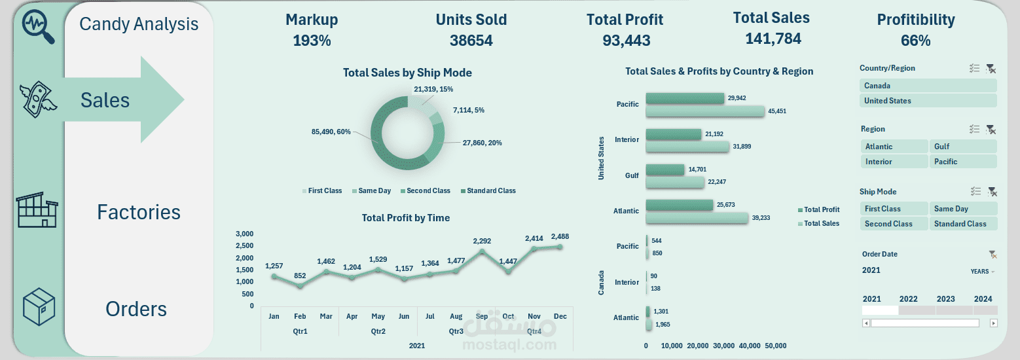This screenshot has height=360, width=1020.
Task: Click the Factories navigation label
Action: point(139,212)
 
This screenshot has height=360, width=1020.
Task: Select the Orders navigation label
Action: point(136,309)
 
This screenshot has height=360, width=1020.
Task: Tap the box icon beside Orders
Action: point(39,306)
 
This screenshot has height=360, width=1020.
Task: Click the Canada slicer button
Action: point(927,86)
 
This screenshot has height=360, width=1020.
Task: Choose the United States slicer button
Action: point(927,101)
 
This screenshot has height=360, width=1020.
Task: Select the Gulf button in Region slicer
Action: point(962,147)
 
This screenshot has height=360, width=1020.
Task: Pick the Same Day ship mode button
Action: point(962,209)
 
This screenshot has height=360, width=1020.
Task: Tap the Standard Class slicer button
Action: point(962,224)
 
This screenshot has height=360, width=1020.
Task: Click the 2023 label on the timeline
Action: point(945,299)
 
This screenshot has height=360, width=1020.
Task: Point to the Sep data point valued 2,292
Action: point(482,251)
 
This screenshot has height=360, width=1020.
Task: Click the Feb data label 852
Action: point(300,276)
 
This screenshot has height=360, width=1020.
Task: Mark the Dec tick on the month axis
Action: point(560,316)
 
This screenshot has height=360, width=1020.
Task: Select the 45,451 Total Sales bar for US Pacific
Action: point(705,111)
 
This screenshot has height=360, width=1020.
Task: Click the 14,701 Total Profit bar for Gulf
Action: point(665,170)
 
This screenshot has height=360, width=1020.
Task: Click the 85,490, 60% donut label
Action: point(332,132)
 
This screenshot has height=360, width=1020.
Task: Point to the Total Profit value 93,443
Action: point(626,41)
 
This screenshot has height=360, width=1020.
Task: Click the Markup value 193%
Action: point(312,41)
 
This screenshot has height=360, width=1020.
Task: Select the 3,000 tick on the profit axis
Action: point(244,234)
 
